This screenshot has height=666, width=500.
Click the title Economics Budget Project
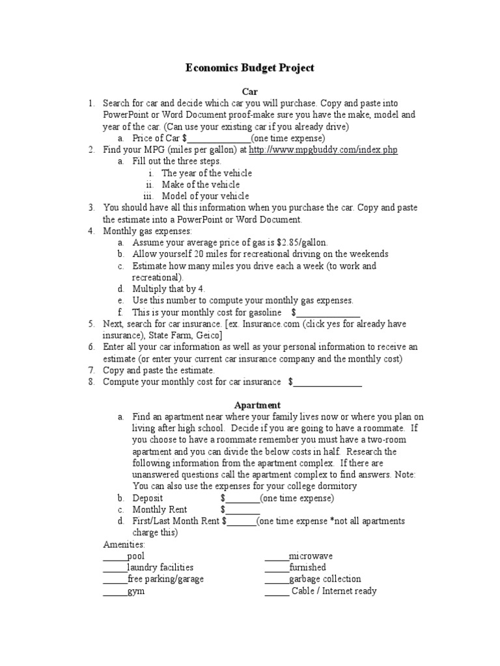tap(250, 68)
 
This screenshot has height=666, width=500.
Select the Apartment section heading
tap(250, 405)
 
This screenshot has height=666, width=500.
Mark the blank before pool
tap(115, 556)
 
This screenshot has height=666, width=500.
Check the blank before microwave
tap(276, 556)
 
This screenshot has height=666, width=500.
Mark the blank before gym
tap(115, 591)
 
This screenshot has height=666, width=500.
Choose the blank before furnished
tap(276, 568)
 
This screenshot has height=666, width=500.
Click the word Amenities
tap(124, 544)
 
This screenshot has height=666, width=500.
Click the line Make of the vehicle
tap(201, 185)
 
